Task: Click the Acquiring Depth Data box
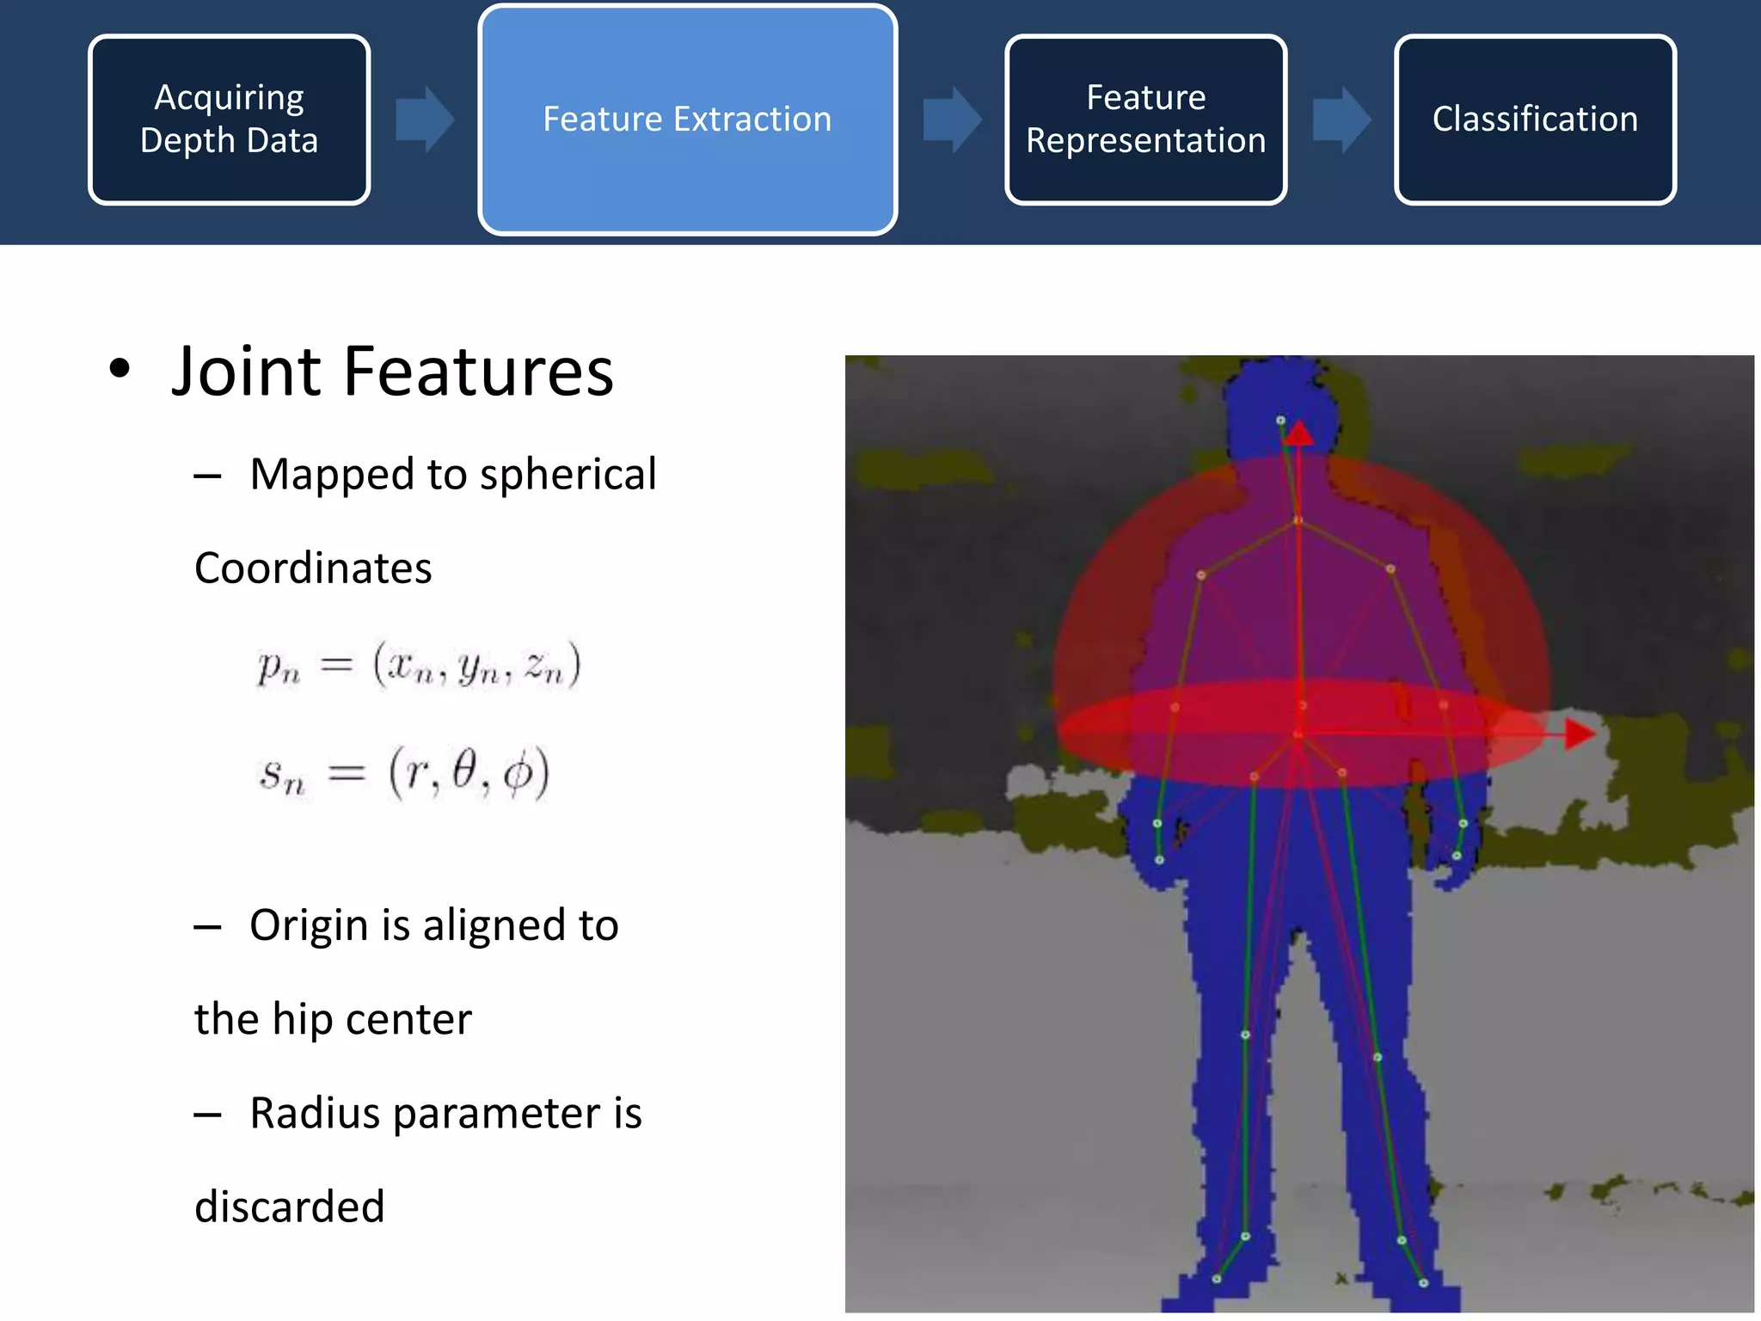(x=230, y=120)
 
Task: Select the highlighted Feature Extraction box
(x=687, y=120)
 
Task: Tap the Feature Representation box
(x=1145, y=120)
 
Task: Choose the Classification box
(x=1535, y=120)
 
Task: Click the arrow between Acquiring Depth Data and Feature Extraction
(x=425, y=120)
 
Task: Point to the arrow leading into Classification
(x=1341, y=120)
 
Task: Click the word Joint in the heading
(x=246, y=372)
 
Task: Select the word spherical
(x=568, y=474)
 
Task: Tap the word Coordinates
(x=313, y=568)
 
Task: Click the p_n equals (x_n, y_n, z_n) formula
(x=419, y=665)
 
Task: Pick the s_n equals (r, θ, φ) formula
(x=404, y=772)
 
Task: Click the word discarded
(x=289, y=1207)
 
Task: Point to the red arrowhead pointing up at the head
(x=1299, y=433)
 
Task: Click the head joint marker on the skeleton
(x=1280, y=421)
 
